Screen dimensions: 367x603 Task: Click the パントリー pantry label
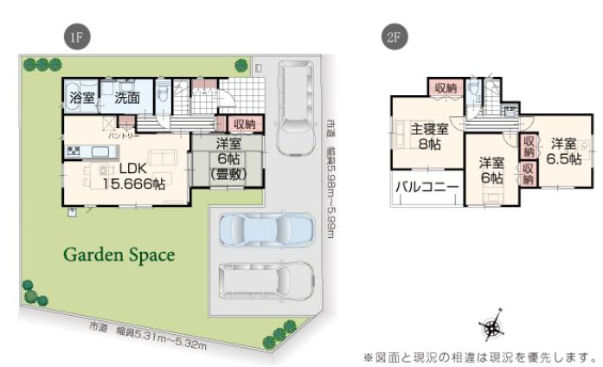tap(119, 136)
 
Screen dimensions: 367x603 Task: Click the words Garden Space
tap(119, 255)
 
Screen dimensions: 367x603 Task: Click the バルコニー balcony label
tap(427, 187)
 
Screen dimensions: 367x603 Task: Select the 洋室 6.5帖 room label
tap(563, 151)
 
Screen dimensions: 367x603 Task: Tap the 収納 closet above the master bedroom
tap(446, 87)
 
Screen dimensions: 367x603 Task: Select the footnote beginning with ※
tap(480, 356)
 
